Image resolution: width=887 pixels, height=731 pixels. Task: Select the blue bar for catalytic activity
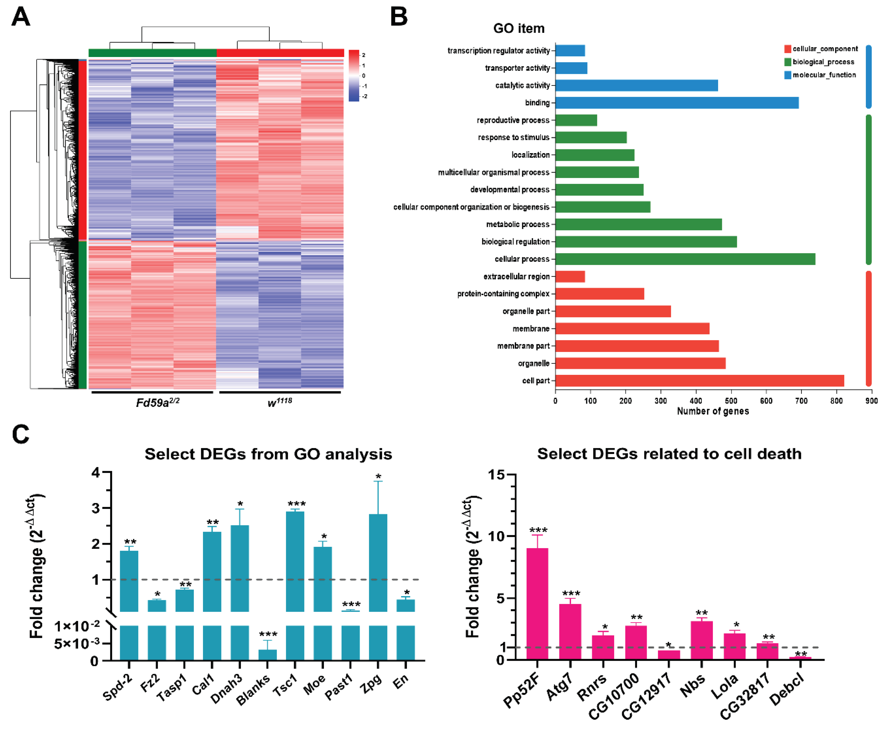point(636,85)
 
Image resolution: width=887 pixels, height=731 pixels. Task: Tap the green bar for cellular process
point(685,259)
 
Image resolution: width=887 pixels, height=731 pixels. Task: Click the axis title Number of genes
point(713,411)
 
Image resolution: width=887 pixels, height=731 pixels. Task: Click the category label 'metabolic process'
point(518,225)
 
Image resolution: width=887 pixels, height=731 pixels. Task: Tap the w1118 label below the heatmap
point(280,402)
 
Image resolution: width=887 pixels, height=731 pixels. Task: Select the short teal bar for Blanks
point(268,655)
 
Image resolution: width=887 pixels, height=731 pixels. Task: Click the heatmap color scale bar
point(354,76)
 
